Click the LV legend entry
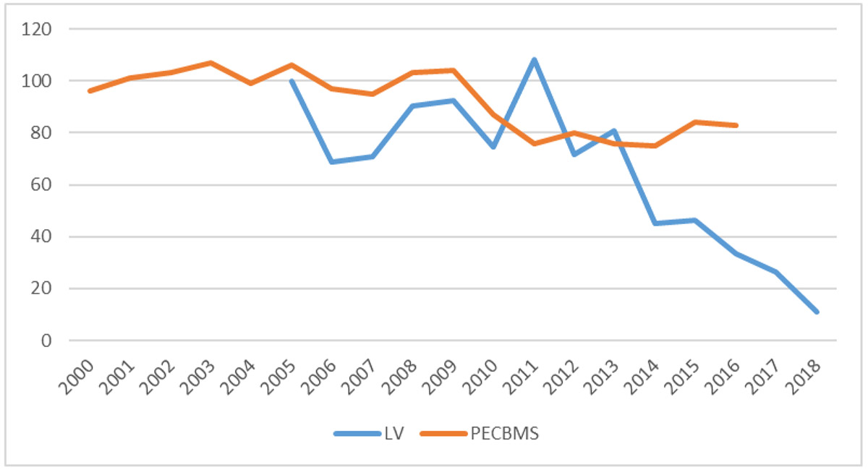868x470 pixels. (x=370, y=434)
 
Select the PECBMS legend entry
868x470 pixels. (x=480, y=434)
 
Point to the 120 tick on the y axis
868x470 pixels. (x=36, y=29)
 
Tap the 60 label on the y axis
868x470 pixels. (x=41, y=185)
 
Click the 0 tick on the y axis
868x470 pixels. (x=46, y=341)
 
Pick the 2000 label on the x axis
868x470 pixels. (x=77, y=377)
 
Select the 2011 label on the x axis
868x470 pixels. (x=520, y=377)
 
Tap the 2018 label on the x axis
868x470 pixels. (x=803, y=377)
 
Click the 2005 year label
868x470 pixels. (x=278, y=377)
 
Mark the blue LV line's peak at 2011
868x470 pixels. (x=534, y=60)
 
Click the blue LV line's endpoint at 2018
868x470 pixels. (x=817, y=312)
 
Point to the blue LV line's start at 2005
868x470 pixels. (x=292, y=80)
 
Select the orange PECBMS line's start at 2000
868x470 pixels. (x=90, y=91)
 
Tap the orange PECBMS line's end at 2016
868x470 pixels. (x=736, y=125)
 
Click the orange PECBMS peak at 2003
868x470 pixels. (x=210, y=63)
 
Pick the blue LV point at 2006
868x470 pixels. (x=332, y=161)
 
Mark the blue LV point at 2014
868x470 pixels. (x=655, y=223)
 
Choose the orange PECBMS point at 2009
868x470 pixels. (x=453, y=71)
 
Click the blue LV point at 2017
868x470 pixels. (x=776, y=273)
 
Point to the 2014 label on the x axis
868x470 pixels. (x=642, y=377)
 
